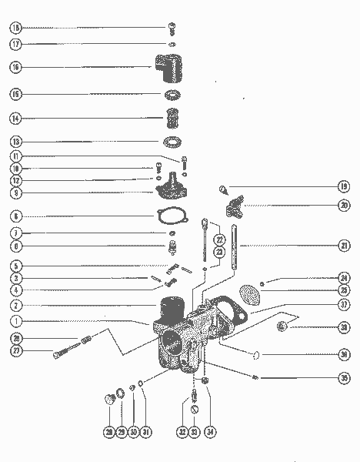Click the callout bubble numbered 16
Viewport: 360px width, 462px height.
coord(15,67)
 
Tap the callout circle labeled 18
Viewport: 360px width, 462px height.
coord(15,28)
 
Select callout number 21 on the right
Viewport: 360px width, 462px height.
coord(343,246)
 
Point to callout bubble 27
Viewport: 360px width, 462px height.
coord(15,352)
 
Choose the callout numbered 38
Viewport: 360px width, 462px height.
coord(343,328)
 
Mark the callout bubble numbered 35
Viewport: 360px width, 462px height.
coord(343,379)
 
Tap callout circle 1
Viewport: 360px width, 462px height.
coord(15,321)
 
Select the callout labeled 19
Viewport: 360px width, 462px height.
coord(343,186)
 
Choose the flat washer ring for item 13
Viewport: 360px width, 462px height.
coord(172,142)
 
